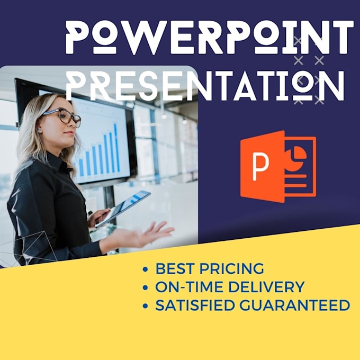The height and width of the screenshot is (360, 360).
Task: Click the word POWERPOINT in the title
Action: pyautogui.click(x=209, y=37)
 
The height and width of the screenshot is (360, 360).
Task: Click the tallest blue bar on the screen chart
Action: pyautogui.click(x=115, y=148)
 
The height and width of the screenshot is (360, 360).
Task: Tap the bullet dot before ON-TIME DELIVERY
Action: pyautogui.click(x=146, y=288)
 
